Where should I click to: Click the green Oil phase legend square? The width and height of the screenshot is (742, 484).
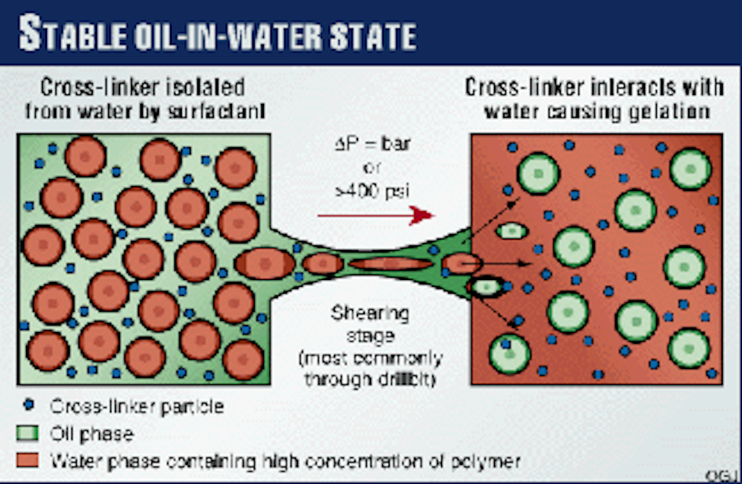27,433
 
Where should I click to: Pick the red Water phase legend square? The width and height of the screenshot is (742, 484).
27,461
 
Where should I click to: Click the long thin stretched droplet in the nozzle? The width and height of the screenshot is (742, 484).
390,264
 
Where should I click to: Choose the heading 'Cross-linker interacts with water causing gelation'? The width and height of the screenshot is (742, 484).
594,100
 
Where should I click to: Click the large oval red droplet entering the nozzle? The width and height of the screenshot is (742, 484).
265,264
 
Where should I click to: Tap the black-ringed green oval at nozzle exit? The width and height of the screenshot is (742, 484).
487,287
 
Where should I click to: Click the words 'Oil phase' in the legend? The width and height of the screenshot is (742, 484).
92,433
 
